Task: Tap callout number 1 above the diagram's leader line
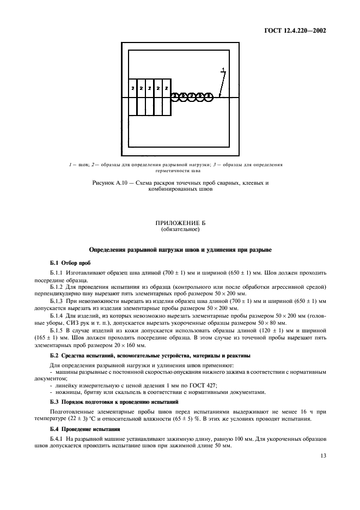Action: (223, 69)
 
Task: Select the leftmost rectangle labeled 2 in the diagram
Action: (132, 88)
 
